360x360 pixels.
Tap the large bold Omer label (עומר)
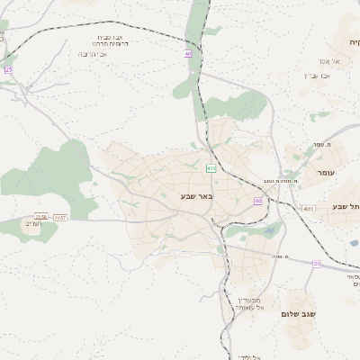coord(325,171)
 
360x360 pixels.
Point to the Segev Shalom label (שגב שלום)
coord(301,313)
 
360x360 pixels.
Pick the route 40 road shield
coord(188,54)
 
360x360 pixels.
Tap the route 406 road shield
coord(211,168)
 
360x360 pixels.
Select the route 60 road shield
coord(257,201)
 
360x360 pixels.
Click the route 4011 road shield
coord(309,208)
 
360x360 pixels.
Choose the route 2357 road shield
coord(60,217)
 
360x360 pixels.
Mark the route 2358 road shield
coord(40,217)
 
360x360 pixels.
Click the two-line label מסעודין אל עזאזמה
coord(248,303)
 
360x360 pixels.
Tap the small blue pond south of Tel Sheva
coord(352,242)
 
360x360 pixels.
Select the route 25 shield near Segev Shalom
coord(316,264)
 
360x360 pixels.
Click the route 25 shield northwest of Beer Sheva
coord(9,69)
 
